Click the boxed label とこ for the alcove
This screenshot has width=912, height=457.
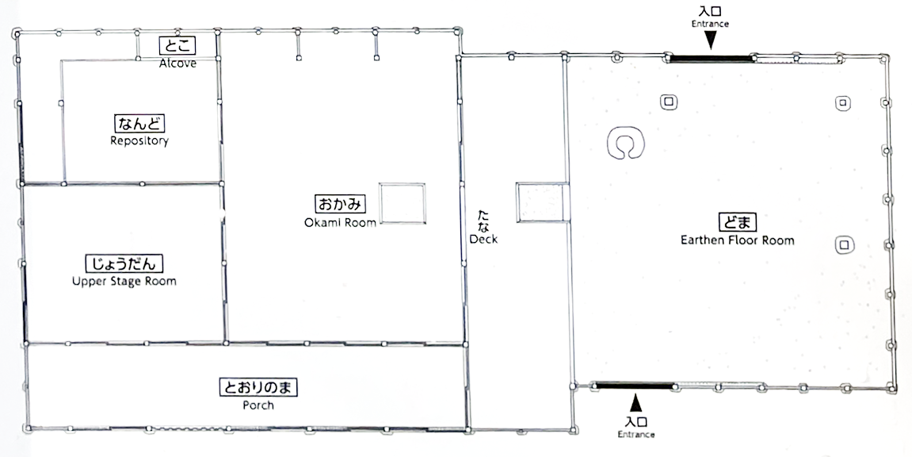coord(177,45)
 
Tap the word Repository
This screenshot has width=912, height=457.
coord(139,141)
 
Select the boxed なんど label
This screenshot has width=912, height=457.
coord(139,124)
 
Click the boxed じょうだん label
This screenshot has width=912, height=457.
coord(124,263)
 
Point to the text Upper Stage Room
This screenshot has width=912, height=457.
coord(124,281)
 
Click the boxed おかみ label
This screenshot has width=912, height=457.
coord(340,205)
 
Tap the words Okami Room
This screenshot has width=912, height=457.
coord(340,222)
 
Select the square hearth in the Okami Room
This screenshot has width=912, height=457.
coord(403,203)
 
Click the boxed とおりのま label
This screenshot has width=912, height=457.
coord(258,387)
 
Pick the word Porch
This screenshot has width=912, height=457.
coord(258,405)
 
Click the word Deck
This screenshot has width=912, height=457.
coord(483,240)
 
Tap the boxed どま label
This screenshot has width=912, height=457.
coord(738,222)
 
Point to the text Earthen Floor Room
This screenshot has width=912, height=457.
coord(738,240)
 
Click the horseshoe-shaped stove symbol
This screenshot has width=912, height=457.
coord(626,144)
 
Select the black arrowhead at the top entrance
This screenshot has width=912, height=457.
coord(710,40)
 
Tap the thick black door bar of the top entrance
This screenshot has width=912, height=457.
coord(711,58)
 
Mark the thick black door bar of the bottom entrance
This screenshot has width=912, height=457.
coord(635,386)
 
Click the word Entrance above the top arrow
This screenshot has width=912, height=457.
coord(710,24)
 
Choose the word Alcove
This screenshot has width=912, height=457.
coord(177,63)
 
